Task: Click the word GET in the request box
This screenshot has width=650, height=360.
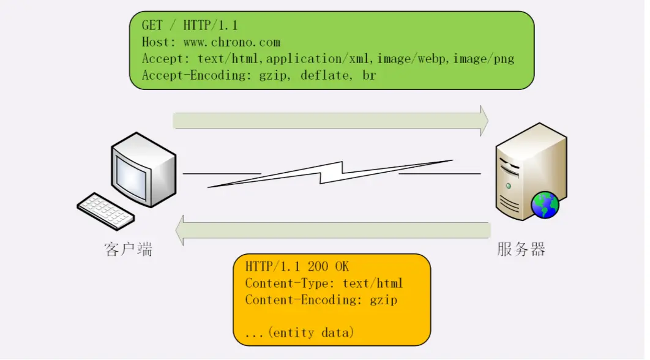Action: coord(153,26)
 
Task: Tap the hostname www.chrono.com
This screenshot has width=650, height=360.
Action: coord(232,42)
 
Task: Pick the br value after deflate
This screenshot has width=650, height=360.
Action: coord(368,75)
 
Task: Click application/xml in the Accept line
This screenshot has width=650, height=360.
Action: coord(319,59)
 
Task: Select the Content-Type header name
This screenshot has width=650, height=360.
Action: coord(291,283)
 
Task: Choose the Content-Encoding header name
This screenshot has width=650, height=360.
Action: coord(304,300)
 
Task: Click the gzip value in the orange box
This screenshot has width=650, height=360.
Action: coord(384,300)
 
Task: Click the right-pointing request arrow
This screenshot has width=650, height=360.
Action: coord(331,121)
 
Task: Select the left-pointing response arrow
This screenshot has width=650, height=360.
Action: coord(333,230)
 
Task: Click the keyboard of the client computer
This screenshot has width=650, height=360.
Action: coord(106,211)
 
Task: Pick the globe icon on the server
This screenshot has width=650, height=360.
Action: coord(545,204)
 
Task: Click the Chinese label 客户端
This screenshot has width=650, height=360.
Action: coord(129,250)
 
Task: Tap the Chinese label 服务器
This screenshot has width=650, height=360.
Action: coord(521,250)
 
